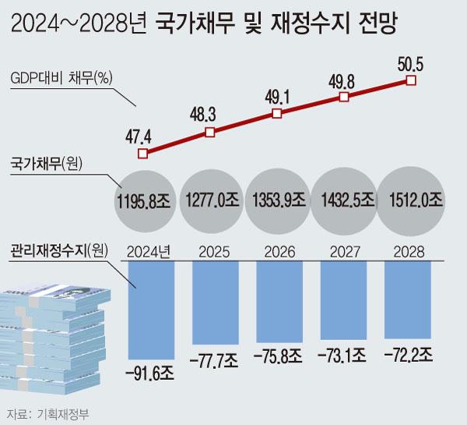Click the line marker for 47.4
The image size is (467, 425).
[142, 154]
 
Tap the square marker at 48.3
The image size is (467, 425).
[209, 133]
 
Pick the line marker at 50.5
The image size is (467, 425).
[411, 80]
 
